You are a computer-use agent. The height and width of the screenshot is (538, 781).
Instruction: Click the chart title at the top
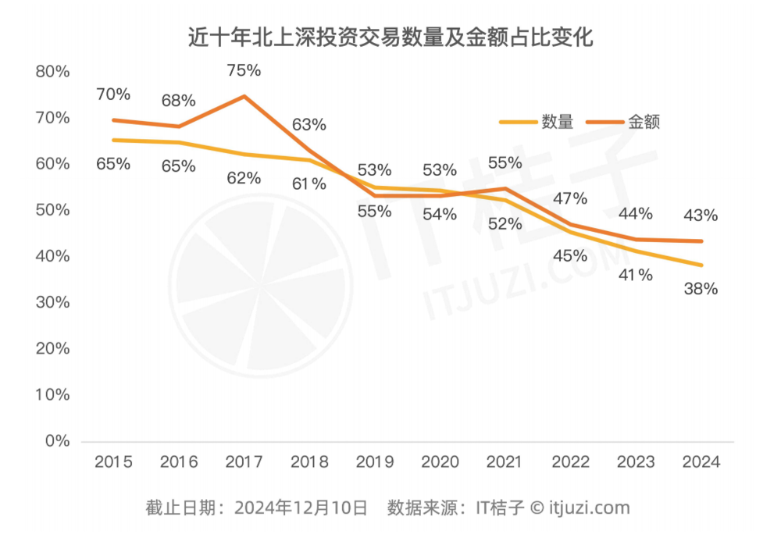[x=390, y=37]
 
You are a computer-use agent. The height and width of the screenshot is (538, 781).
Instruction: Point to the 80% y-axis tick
[x=53, y=72]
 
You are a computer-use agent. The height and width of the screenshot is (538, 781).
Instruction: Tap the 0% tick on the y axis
[x=57, y=441]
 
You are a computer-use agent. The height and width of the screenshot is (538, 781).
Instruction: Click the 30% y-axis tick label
[x=53, y=303]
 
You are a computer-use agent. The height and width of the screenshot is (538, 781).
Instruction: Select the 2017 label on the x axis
[x=244, y=462]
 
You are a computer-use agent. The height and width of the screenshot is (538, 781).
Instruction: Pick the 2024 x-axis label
[x=701, y=462]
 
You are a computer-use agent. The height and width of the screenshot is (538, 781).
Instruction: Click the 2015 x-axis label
[x=113, y=462]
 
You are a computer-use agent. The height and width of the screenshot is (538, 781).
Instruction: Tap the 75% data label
[x=244, y=70]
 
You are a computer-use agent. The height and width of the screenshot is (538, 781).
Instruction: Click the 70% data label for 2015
[x=113, y=94]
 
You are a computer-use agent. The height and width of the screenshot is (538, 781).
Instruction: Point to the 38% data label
[x=701, y=289]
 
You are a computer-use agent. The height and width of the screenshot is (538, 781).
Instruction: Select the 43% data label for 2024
[x=701, y=216]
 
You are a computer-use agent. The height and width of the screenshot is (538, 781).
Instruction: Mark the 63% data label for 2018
[x=309, y=125]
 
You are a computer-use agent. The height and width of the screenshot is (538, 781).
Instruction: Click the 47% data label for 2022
[x=569, y=198]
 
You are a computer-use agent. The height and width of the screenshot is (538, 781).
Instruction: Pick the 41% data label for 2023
[x=635, y=275]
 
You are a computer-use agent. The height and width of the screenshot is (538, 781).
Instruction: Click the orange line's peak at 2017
[x=244, y=96]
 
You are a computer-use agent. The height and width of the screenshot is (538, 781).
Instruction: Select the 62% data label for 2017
[x=244, y=178]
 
